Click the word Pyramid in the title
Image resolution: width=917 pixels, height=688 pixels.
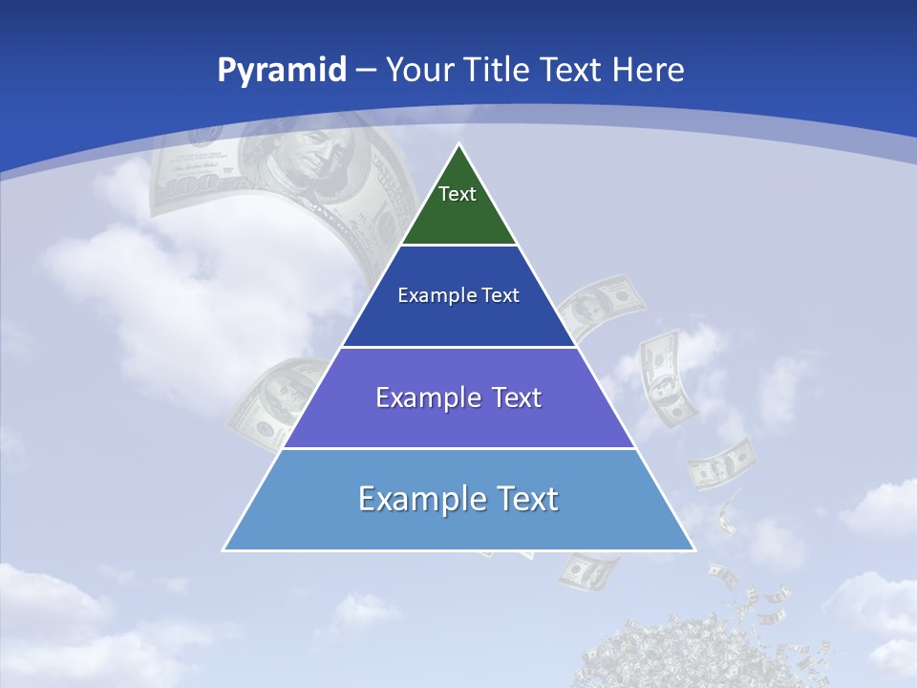tap(281, 71)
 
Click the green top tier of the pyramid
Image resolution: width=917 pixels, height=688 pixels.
tap(458, 215)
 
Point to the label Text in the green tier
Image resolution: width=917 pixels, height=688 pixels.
tap(458, 194)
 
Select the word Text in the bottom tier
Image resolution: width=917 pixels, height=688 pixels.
tap(526, 499)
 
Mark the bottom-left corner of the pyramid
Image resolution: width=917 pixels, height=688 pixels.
tap(224, 549)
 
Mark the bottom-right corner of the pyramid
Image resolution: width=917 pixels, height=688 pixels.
tap(694, 549)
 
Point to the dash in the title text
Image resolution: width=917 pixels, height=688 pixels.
tap(366, 71)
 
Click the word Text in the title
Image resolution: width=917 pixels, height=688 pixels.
tap(572, 70)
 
